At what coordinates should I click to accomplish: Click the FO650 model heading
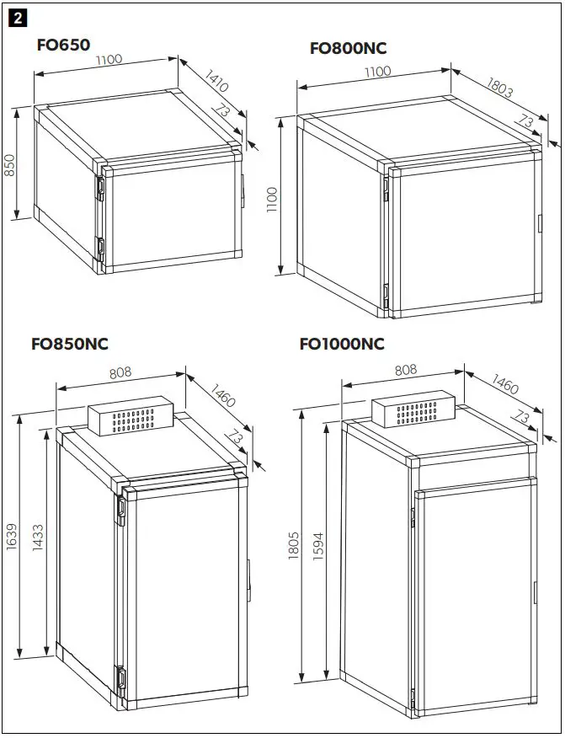63,45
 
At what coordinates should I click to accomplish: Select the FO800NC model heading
349,48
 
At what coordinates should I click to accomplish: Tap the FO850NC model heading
70,344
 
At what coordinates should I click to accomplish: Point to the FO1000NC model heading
342,344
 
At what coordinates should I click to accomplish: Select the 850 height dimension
10,165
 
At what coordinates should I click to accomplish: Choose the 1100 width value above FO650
109,59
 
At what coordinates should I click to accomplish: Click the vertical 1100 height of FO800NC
271,200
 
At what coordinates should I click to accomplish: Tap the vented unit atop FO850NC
131,419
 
